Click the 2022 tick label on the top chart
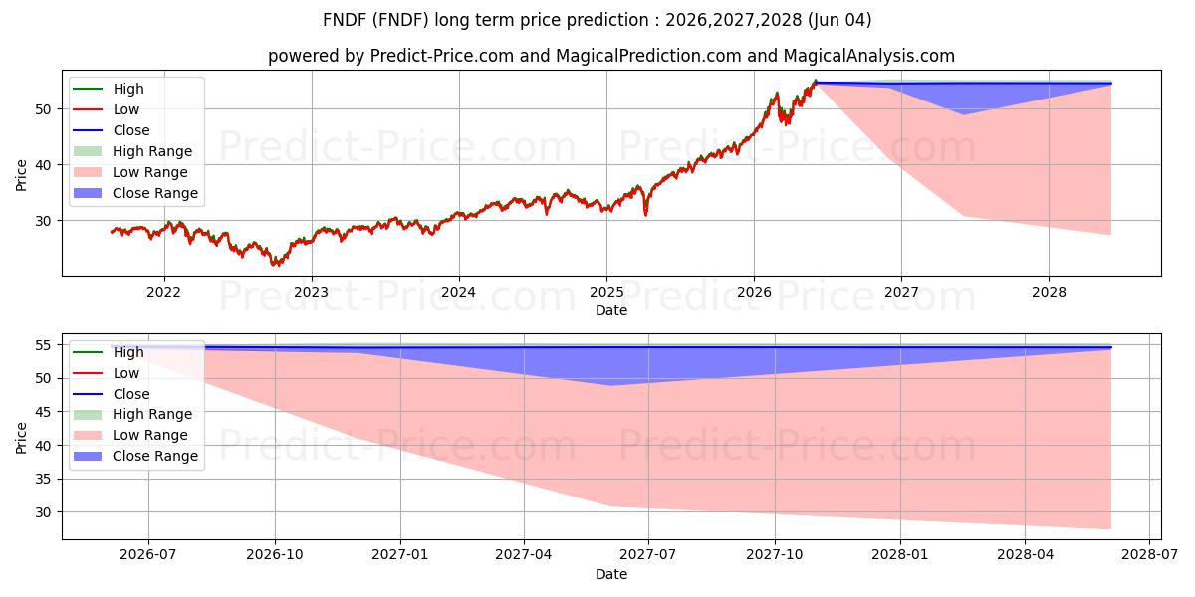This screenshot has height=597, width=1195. (163, 293)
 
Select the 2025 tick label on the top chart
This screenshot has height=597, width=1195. (606, 293)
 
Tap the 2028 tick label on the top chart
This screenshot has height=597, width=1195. (1049, 293)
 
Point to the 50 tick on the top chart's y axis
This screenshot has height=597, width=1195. (43, 109)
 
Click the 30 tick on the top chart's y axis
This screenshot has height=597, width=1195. (43, 221)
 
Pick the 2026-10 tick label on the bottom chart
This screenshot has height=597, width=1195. (275, 555)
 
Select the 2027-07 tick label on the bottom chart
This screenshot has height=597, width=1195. (648, 555)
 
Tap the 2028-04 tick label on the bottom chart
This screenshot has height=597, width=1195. (1026, 555)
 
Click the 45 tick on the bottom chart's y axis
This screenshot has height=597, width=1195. (43, 412)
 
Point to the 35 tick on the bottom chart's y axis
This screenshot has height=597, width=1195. (43, 480)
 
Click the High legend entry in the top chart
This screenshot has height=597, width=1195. (109, 89)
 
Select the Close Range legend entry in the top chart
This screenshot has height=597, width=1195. (135, 193)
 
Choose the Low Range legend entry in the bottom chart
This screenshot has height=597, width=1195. (130, 435)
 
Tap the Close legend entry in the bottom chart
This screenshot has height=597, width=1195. (112, 394)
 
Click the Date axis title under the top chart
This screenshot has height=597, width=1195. (611, 310)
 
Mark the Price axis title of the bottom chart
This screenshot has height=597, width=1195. (21, 438)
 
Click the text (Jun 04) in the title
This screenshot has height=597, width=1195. (839, 20)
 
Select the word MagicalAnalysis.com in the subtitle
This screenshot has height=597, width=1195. (869, 56)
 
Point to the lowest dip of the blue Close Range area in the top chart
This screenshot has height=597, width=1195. (964, 114)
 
